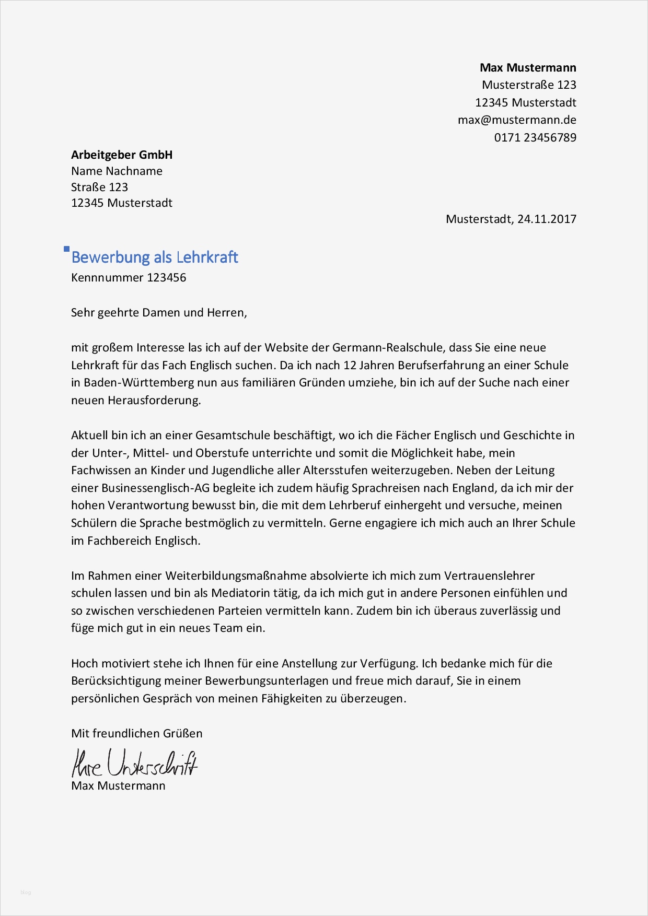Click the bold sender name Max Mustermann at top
(528, 67)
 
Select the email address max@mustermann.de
(517, 120)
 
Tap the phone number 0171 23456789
(535, 138)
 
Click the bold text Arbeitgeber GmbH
(122, 155)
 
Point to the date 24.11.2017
(547, 219)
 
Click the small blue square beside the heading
(66, 249)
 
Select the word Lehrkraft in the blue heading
(207, 257)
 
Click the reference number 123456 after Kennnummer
(166, 277)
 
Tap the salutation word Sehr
(83, 312)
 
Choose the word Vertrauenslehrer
(489, 576)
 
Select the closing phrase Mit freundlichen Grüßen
(137, 733)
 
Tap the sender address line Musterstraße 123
(529, 85)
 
